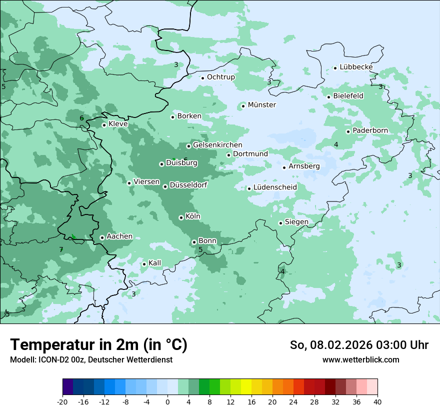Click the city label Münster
(261, 105)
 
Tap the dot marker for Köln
(181, 217)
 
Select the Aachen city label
(119, 236)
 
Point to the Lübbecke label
(356, 67)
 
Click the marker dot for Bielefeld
(329, 97)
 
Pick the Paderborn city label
(370, 130)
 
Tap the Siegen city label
(296, 222)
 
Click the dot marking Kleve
(104, 125)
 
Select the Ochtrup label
(220, 77)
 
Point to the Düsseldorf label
(188, 185)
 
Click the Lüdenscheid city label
(275, 187)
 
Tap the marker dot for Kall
(144, 264)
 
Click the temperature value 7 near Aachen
(61, 249)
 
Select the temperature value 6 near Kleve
(81, 118)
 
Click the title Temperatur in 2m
(98, 345)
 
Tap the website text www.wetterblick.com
(360, 359)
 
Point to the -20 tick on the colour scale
(62, 401)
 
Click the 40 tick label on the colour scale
(377, 401)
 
